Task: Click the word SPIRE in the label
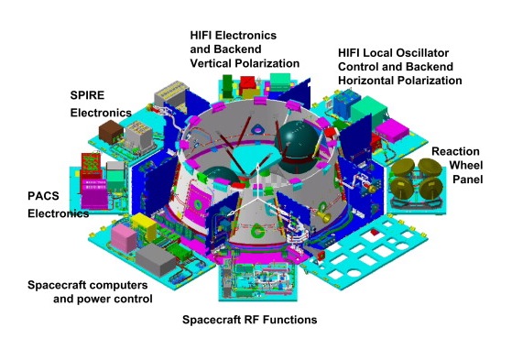click(x=87, y=95)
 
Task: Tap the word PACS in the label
click(x=43, y=196)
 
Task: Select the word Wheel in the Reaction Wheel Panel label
click(x=466, y=165)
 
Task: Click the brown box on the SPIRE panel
click(x=111, y=131)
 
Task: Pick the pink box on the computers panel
click(x=124, y=238)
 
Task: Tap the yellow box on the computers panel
click(x=144, y=225)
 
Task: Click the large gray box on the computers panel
click(x=156, y=260)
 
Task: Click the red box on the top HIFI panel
click(x=247, y=85)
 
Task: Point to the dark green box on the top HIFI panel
click(x=227, y=86)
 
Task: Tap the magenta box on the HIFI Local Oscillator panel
click(x=392, y=130)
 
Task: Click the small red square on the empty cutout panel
click(x=375, y=232)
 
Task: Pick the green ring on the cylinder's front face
click(x=257, y=231)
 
